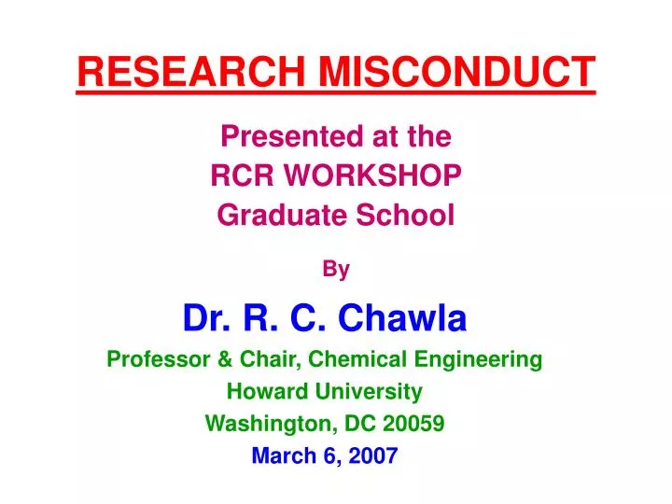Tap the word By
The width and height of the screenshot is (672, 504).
(336, 270)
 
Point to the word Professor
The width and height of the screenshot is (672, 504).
(155, 358)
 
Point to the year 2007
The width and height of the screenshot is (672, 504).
(374, 455)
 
